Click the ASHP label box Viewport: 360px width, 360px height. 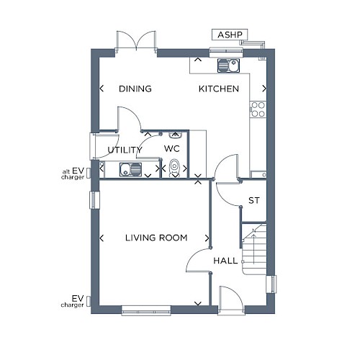(x=230, y=35)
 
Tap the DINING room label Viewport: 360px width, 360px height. (x=135, y=89)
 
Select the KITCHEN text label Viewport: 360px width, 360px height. (x=219, y=89)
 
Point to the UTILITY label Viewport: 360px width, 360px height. (x=125, y=150)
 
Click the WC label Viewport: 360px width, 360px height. (x=172, y=148)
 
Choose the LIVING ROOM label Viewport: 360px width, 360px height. (x=156, y=238)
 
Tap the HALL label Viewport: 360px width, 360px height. (x=225, y=261)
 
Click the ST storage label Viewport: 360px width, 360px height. (x=254, y=200)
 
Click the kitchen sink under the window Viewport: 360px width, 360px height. (x=228, y=66)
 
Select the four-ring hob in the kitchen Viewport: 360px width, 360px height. (x=258, y=109)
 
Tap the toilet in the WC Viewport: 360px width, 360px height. (x=174, y=168)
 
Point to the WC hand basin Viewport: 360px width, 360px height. (x=175, y=135)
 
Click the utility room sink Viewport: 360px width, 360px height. (x=130, y=169)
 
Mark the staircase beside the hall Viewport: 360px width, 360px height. (x=254, y=248)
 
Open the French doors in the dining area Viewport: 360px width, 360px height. (x=136, y=41)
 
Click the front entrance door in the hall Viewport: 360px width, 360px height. (x=232, y=300)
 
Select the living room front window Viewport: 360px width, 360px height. (x=146, y=310)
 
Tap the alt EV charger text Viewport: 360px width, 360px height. (x=73, y=174)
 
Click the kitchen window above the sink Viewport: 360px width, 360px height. (x=226, y=53)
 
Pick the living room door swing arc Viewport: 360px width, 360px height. (x=194, y=255)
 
